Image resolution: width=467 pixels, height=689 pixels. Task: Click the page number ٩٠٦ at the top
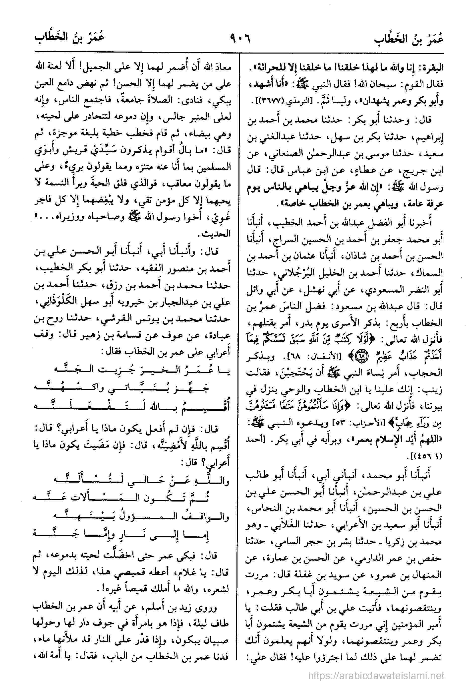tap(240, 39)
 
